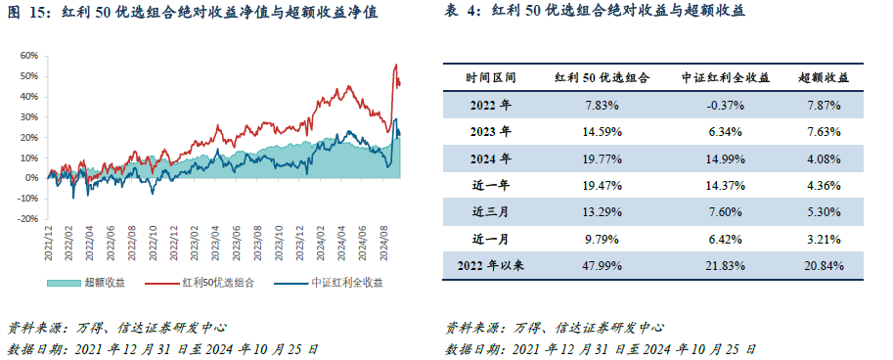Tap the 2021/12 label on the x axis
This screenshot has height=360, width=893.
coord(48,244)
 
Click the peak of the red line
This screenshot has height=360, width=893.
coord(396,65)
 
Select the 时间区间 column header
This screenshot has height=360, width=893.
coord(491,77)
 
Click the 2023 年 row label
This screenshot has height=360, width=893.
coord(491,131)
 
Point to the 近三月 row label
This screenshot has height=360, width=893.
coord(491,211)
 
